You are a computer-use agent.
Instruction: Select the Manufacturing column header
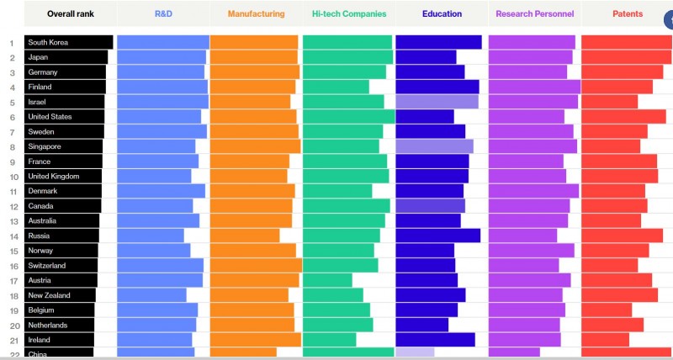tap(256, 13)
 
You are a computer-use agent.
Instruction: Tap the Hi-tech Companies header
tap(349, 13)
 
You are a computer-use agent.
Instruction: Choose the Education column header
tap(442, 13)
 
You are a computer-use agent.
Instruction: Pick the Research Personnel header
tap(534, 13)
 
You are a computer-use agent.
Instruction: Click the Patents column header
tap(628, 13)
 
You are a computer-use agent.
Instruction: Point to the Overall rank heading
tap(70, 13)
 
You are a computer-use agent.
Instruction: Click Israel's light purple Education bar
tap(437, 102)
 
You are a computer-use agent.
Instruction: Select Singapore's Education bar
tap(434, 146)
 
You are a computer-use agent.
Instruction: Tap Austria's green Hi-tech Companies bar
tap(327, 280)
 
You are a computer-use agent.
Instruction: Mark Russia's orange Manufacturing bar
tap(245, 236)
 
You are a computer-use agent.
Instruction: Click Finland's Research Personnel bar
tap(534, 87)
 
